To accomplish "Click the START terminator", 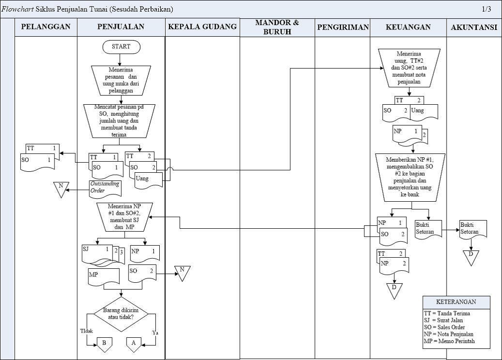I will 121,47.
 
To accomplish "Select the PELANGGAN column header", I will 46,27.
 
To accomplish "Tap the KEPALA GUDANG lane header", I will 202,27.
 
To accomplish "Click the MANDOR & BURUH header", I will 277,27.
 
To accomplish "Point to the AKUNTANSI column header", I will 474,28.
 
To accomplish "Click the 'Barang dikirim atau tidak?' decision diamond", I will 121,313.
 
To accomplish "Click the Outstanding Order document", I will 104,188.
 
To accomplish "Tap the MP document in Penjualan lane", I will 103,277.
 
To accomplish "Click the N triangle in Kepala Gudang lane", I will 182,273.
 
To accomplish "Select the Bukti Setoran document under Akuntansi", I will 473,228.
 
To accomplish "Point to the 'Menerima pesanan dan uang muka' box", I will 121,80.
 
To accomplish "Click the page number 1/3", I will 486,9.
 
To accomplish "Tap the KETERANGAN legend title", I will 456,302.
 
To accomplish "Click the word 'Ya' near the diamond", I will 155,333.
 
